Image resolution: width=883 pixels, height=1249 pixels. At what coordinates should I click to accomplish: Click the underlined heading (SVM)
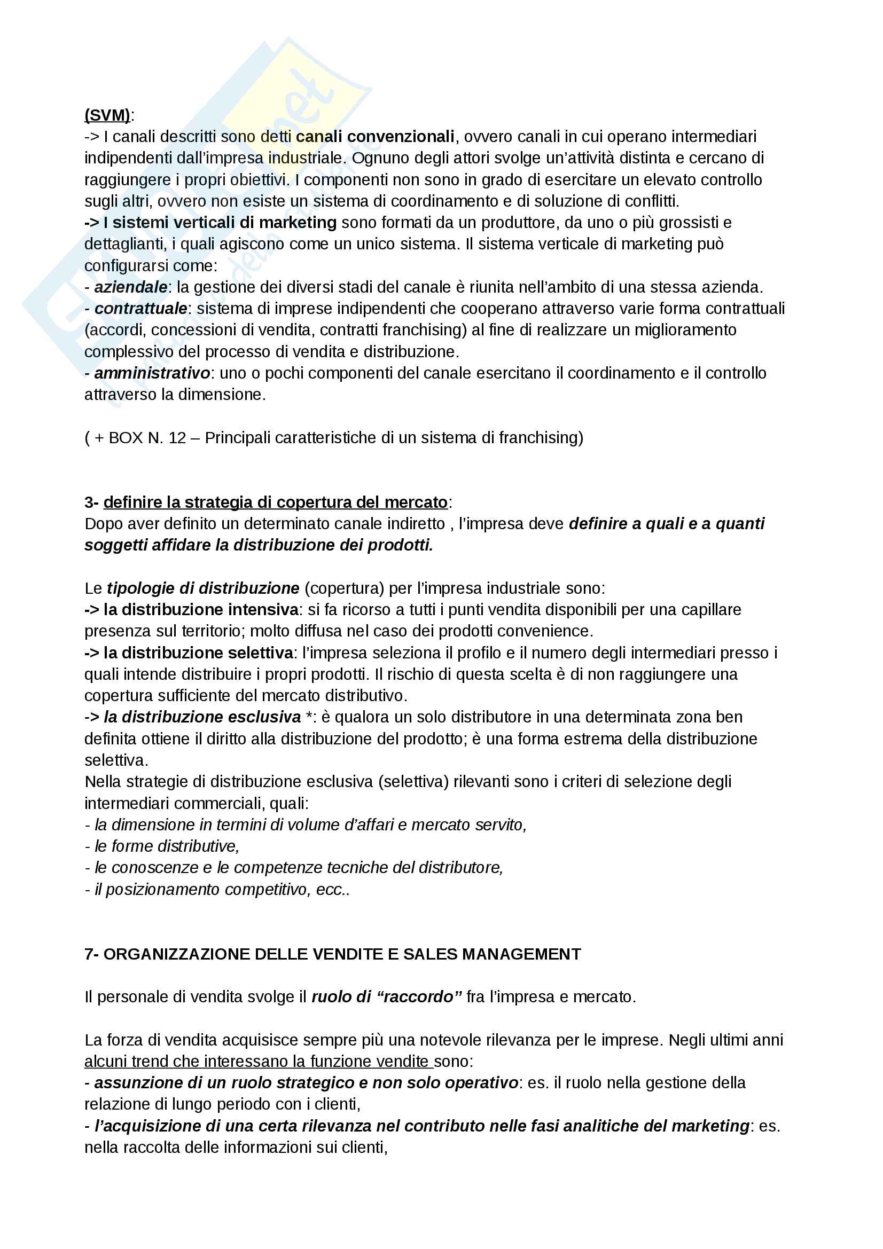click(107, 115)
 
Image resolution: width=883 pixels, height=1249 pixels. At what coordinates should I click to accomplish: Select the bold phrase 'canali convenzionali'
click(375, 137)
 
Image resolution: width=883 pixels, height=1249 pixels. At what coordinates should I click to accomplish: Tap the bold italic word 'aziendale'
click(130, 287)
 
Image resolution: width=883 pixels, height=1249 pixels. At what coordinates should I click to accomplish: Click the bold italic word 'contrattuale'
click(141, 309)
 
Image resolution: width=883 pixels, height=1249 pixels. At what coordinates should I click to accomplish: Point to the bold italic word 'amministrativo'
click(152, 373)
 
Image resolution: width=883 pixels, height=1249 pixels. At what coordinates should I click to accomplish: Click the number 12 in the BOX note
click(177, 438)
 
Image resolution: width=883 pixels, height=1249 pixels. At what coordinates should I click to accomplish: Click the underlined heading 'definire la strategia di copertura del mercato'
click(275, 502)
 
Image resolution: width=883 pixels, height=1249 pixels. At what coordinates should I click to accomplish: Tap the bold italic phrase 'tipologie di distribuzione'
click(203, 588)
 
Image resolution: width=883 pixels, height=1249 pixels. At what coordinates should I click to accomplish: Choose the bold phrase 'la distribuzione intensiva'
click(201, 610)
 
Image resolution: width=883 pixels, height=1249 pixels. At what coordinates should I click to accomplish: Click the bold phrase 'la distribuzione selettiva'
click(198, 653)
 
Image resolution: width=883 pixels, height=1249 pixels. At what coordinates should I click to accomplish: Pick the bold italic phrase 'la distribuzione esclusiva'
click(202, 717)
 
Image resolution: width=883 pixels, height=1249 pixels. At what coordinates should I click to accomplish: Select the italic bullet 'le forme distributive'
click(167, 846)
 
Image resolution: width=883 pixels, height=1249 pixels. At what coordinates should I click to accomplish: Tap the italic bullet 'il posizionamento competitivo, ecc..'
click(222, 890)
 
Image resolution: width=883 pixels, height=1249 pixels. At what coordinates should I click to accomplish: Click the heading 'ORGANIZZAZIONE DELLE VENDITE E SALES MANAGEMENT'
click(342, 954)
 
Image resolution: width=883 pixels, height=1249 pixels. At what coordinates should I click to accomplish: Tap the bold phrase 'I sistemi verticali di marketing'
click(220, 223)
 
